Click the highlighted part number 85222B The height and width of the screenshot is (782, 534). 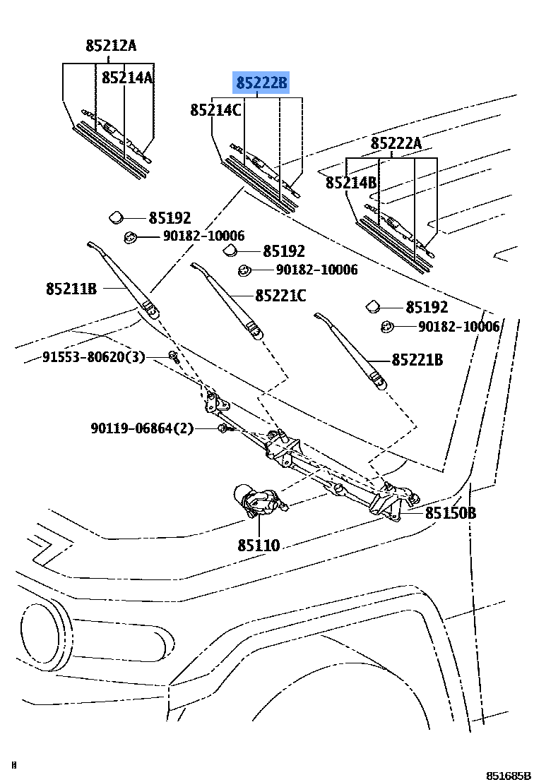(x=262, y=84)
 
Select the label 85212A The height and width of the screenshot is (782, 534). (x=111, y=46)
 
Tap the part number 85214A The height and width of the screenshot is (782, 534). (x=127, y=77)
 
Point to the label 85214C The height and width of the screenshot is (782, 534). (x=215, y=110)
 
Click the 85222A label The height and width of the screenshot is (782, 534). (x=396, y=144)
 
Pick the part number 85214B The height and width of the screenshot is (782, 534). (x=351, y=183)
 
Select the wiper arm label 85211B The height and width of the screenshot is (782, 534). (x=71, y=288)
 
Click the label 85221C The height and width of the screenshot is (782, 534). (x=280, y=296)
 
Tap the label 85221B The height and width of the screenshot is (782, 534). (x=417, y=360)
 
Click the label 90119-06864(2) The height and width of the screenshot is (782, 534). (x=141, y=428)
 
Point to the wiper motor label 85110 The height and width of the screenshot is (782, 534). (x=259, y=545)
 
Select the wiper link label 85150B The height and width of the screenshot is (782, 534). (x=450, y=513)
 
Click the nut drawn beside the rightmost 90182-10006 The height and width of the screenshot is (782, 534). (x=387, y=327)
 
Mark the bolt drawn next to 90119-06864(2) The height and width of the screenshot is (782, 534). (x=223, y=428)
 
